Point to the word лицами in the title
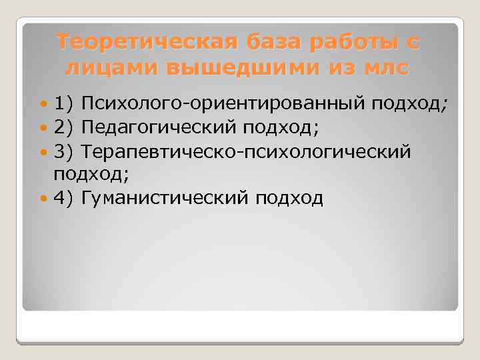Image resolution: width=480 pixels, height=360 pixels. [x=112, y=69]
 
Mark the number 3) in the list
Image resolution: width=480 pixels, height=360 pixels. [x=64, y=151]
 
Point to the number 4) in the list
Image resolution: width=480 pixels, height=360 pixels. [x=64, y=198]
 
